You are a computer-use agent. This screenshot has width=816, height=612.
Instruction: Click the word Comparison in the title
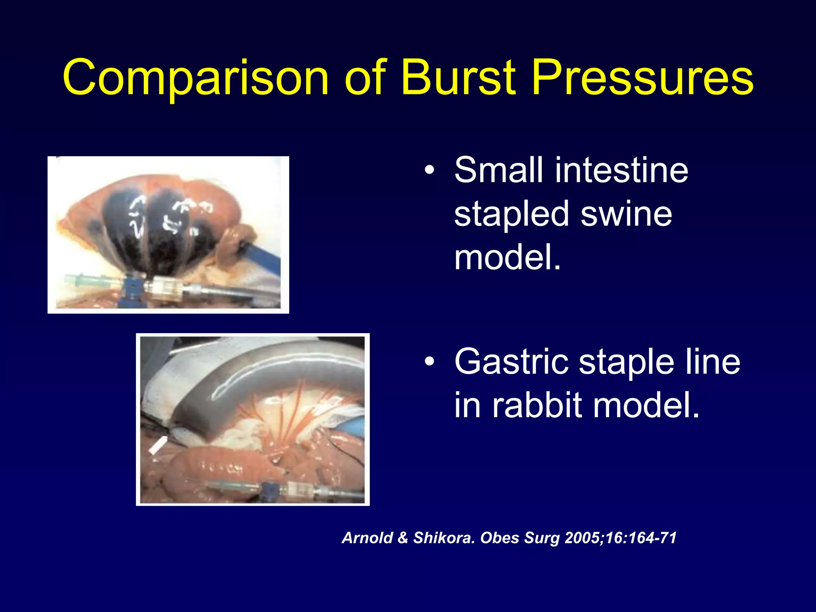(195, 78)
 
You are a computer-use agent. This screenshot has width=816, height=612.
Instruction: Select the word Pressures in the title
(642, 78)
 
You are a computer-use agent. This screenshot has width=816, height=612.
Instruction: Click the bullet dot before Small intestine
(429, 171)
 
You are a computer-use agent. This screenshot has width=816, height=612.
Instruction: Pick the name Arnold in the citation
(367, 538)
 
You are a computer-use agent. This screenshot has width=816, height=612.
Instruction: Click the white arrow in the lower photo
(158, 444)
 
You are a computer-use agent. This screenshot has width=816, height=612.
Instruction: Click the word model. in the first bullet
(507, 258)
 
